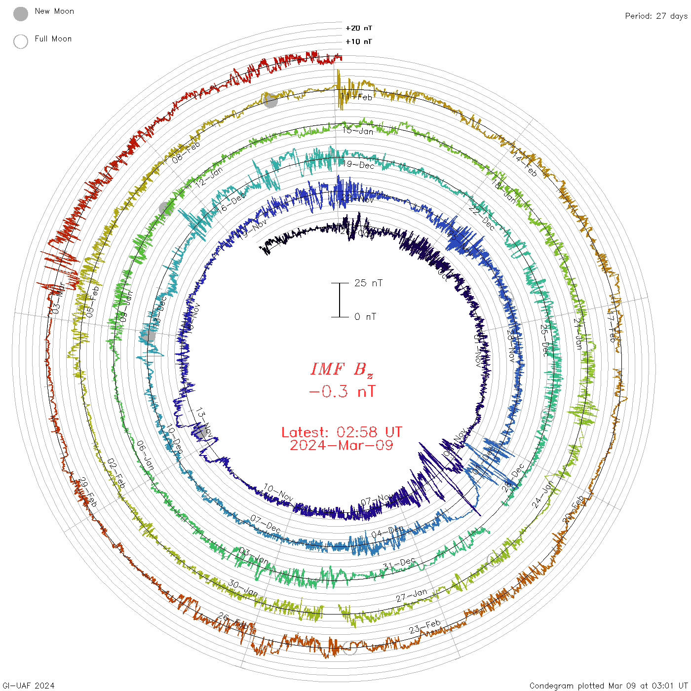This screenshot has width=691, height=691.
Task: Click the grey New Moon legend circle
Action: click(21, 14)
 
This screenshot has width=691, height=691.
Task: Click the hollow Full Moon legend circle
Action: click(21, 41)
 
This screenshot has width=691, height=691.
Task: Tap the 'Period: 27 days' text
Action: click(656, 16)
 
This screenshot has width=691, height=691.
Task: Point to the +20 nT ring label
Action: click(359, 28)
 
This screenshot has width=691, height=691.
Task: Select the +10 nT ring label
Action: click(359, 41)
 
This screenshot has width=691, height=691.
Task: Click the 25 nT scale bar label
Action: click(368, 283)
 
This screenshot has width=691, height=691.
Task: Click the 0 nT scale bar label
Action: click(365, 316)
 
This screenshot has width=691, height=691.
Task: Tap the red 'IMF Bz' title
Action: click(342, 369)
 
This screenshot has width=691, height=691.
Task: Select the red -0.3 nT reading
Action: click(342, 391)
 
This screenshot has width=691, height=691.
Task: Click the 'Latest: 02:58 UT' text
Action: click(342, 432)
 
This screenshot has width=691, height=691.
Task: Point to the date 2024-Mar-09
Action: click(342, 445)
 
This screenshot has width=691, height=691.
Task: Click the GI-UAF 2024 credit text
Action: click(29, 686)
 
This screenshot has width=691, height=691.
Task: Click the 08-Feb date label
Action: click(186, 152)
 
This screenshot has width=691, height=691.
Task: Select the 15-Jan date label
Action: click(358, 131)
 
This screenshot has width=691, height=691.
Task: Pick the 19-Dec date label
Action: click(359, 165)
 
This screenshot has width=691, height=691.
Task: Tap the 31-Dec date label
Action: click(399, 564)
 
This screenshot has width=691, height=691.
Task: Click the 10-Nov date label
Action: click(278, 492)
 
